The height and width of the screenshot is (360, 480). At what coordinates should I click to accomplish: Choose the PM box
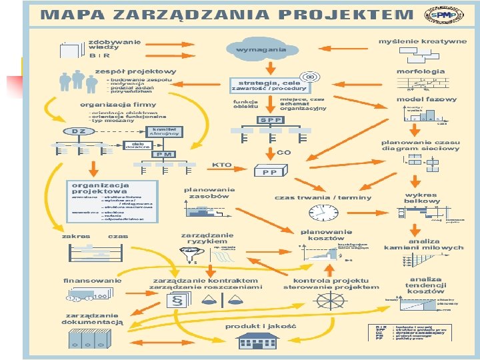[165, 154]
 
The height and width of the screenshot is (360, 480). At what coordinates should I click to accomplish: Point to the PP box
[270, 171]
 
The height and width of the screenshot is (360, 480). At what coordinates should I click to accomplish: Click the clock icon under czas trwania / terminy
[324, 213]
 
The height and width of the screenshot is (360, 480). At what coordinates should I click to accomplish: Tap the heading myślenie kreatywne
[423, 41]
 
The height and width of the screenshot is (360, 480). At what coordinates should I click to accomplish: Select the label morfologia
[421, 71]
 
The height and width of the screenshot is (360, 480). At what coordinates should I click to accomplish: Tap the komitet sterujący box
[165, 131]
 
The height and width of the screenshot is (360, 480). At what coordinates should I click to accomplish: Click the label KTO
[221, 164]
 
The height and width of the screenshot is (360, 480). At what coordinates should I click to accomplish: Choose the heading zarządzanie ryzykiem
[207, 238]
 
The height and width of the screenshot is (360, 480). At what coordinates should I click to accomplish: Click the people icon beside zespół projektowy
[78, 81]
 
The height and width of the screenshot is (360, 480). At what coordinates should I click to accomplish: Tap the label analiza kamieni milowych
[423, 244]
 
